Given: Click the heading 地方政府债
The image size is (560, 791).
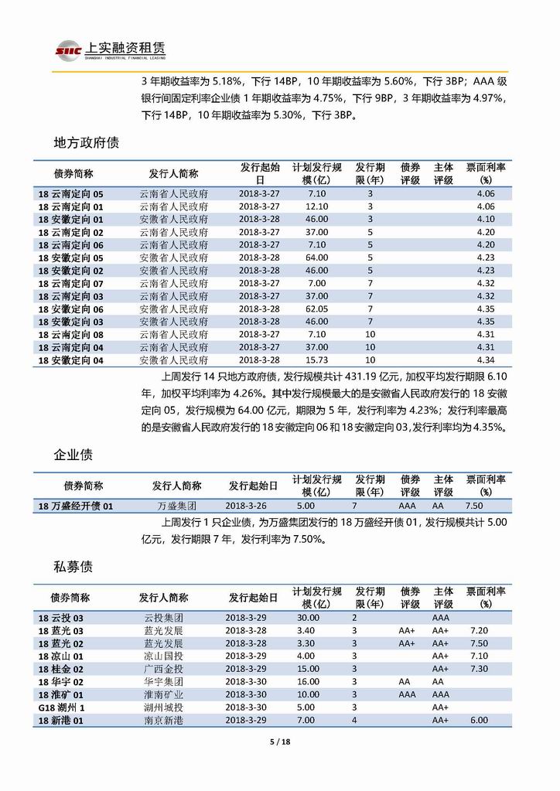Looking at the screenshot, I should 85,143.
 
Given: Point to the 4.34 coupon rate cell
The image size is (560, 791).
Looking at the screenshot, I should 486,360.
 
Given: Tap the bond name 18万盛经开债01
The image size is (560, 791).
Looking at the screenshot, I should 76,505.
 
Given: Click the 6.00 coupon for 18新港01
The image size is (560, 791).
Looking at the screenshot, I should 479,720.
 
